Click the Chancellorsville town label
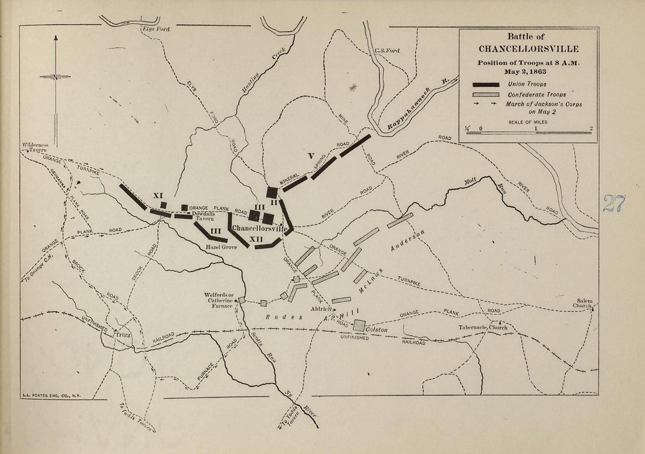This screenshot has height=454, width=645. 259,228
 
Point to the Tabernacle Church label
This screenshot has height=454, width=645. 483,327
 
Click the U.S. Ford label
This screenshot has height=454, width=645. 386,51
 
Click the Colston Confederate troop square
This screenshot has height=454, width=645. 359,325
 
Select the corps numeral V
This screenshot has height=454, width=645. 311,156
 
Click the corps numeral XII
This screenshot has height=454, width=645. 256,239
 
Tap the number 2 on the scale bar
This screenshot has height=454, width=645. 590,127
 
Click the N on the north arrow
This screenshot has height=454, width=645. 55,77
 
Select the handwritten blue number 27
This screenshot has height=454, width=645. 614,203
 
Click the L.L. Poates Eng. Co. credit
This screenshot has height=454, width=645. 50,396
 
